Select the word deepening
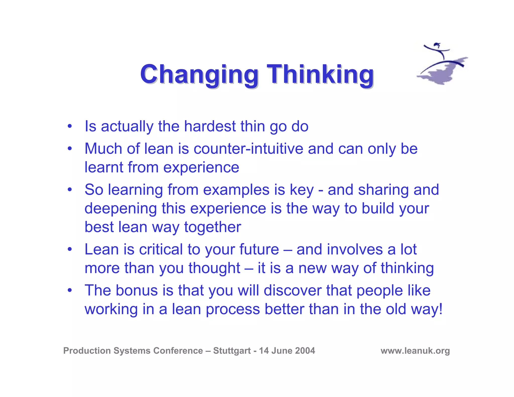pos(121,209)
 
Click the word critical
pos(161,249)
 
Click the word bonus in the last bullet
pos(137,291)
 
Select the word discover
pos(292,291)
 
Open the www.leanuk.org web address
pos(415,351)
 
